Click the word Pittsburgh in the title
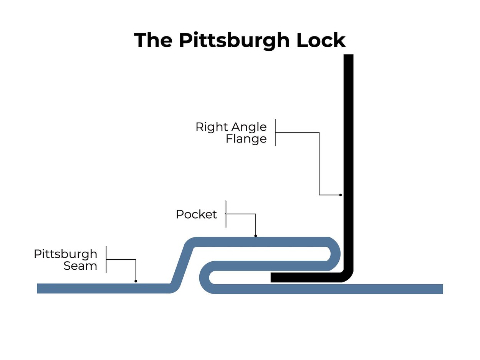(x=234, y=40)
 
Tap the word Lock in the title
(x=321, y=40)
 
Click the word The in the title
(x=153, y=40)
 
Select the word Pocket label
(x=196, y=214)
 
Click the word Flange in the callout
(x=246, y=139)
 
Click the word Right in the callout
(x=209, y=127)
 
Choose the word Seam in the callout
(x=80, y=265)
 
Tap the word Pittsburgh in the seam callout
(x=66, y=254)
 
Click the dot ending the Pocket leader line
(x=255, y=236)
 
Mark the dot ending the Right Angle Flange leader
(x=340, y=195)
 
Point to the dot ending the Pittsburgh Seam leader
(x=136, y=281)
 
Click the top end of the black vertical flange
(x=348, y=55)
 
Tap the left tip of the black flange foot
(x=271, y=277)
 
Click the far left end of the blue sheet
(x=38, y=288)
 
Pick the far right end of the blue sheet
(x=442, y=289)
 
